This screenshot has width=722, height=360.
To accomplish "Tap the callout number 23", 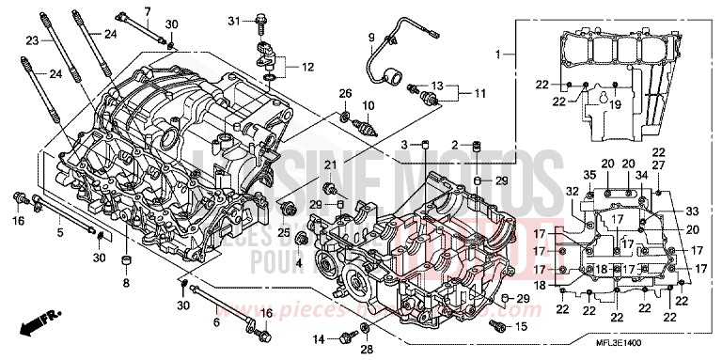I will coord(31,40).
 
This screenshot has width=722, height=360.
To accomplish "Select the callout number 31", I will coord(234,20).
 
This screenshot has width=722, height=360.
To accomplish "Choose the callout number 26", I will coord(345,92).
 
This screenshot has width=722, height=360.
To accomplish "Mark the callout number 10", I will coord(368,104).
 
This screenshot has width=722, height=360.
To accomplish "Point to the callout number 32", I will coord(570,191).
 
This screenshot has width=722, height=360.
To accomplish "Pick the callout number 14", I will coord(319,337).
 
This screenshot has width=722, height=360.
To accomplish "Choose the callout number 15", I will coord(522,326).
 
